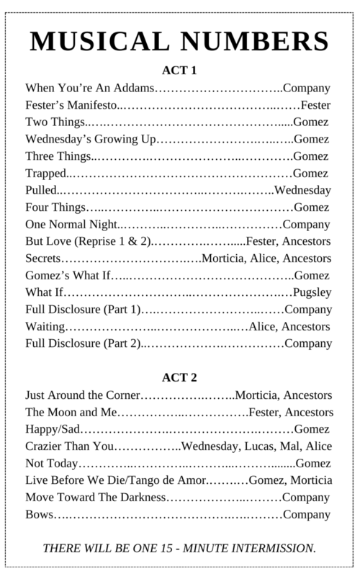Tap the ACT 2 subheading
click(180, 377)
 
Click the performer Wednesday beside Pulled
click(302, 190)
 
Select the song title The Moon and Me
click(70, 413)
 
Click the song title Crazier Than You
click(69, 446)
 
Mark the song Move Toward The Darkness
click(95, 498)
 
